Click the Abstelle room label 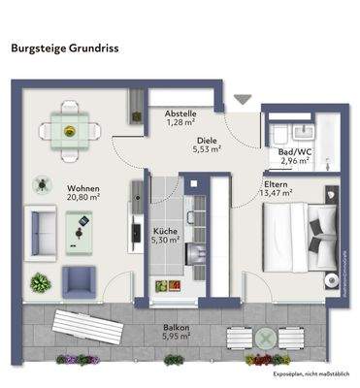coord(180,111)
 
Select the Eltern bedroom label coord(278,182)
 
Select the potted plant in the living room coord(40,283)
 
